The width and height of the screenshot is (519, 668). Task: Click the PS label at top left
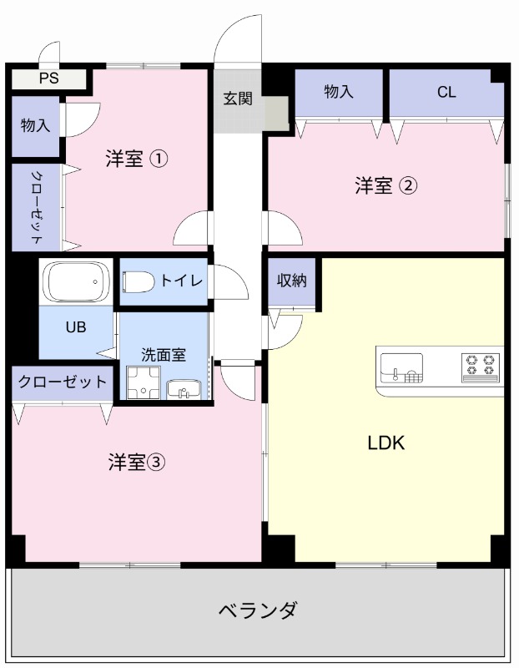48,79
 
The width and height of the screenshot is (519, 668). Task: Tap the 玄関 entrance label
237,99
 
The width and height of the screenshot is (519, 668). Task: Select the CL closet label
446,93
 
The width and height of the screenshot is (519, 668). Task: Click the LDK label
386,443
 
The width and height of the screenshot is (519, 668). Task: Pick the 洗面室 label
163,354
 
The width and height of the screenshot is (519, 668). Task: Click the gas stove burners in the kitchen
481,365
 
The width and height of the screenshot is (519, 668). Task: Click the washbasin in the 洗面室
183,388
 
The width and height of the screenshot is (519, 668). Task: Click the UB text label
75,327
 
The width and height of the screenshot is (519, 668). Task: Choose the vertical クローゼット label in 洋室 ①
37,207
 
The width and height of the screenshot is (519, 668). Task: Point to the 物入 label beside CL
338,93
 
